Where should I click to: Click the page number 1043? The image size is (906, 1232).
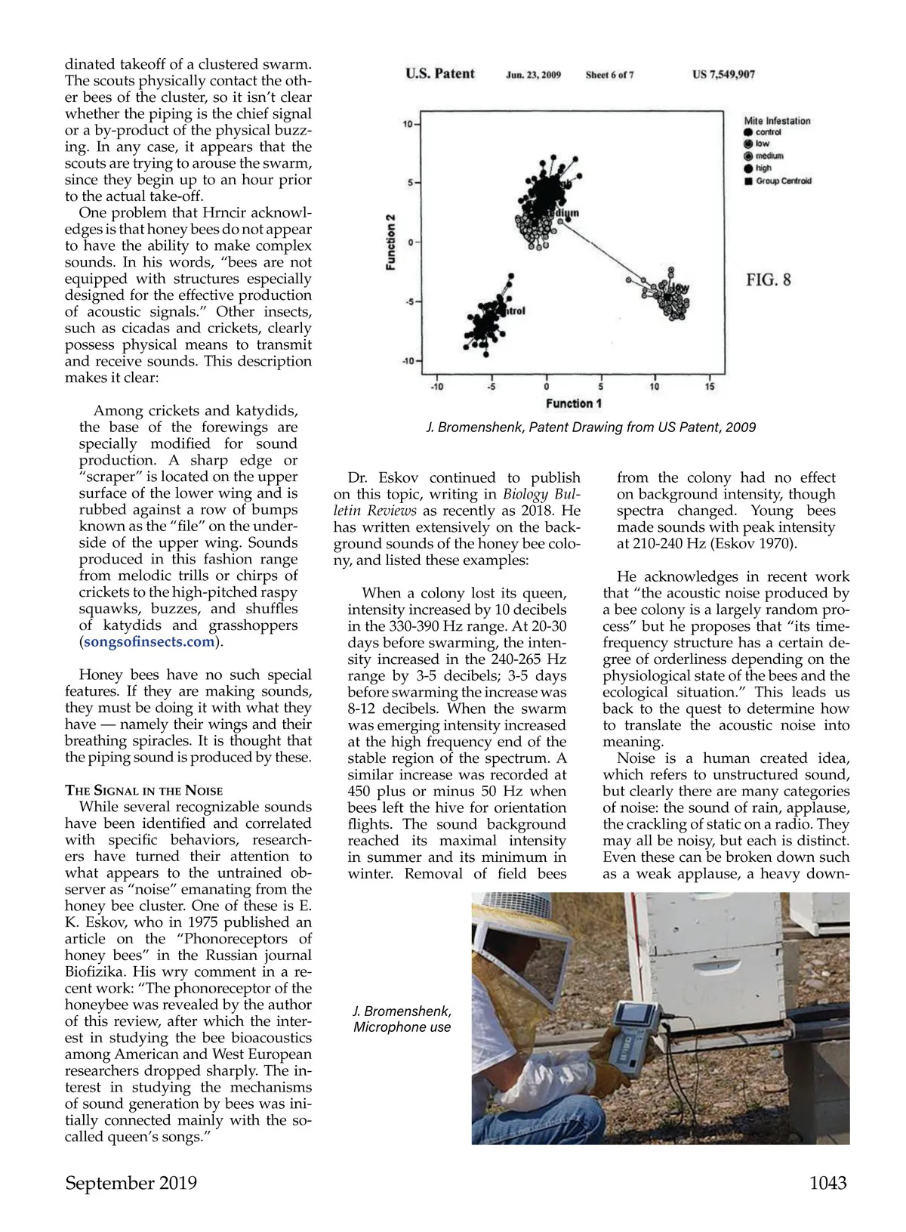[827, 1183]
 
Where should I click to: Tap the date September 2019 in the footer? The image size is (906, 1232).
[131, 1183]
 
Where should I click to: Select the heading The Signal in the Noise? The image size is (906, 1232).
[143, 790]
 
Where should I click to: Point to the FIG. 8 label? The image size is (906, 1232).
[769, 280]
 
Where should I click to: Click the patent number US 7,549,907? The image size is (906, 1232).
[723, 75]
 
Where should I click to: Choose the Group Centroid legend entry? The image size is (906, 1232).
[783, 181]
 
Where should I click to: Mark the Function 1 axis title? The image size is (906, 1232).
[574, 403]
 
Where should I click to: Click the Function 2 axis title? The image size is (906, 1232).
[391, 242]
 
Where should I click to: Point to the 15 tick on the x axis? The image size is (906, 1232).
[710, 387]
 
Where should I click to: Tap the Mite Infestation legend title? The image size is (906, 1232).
[777, 121]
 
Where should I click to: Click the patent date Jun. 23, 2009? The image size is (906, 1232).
[533, 75]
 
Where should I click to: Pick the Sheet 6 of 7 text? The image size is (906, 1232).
[609, 75]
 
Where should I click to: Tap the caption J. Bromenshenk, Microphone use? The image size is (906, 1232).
[402, 1019]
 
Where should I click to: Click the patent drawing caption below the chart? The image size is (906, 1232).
[591, 428]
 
